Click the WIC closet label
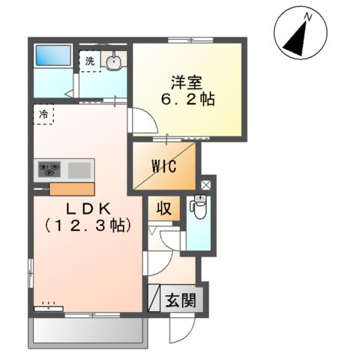pyautogui.click(x=163, y=166)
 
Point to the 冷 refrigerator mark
pyautogui.click(x=43, y=115)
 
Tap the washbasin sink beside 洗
pyautogui.click(x=113, y=61)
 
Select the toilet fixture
pyautogui.click(x=198, y=207)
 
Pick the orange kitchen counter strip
pyautogui.click(x=72, y=188)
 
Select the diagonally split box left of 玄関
pyautogui.click(x=155, y=298)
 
